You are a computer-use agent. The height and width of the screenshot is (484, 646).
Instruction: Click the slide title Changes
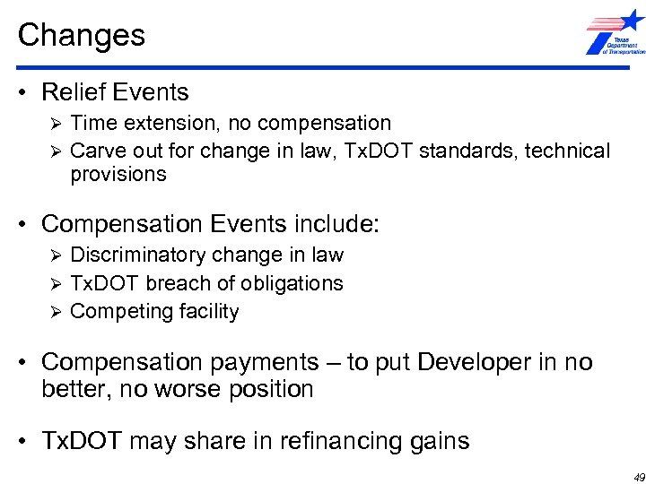[x=81, y=35]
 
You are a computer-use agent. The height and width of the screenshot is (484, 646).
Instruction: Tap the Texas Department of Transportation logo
[x=615, y=33]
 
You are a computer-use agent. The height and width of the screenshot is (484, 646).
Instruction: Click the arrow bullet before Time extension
[x=55, y=123]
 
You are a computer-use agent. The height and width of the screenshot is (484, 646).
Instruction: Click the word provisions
[x=118, y=174]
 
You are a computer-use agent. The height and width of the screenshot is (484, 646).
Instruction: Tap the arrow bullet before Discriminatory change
[x=55, y=255]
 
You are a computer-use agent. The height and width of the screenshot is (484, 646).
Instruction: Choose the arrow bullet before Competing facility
[x=55, y=312]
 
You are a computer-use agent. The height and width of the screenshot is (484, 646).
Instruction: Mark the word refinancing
[x=343, y=441]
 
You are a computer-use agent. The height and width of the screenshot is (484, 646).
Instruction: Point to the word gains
[x=441, y=441]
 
